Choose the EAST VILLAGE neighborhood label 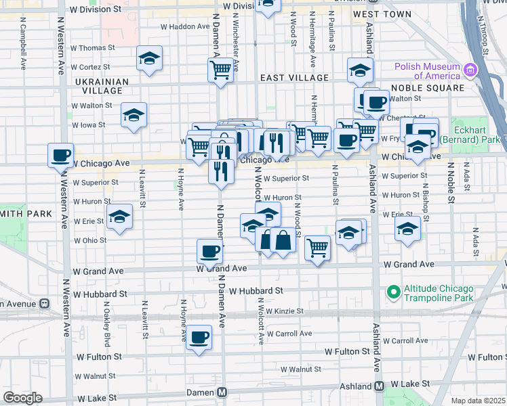tap(295, 78)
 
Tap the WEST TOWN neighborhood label tap(382, 14)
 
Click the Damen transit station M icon tap(222, 392)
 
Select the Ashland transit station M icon tap(380, 386)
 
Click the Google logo tap(22, 398)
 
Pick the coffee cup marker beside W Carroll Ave tap(199, 337)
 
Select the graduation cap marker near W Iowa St tap(134, 114)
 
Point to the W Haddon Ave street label tap(185, 26)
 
